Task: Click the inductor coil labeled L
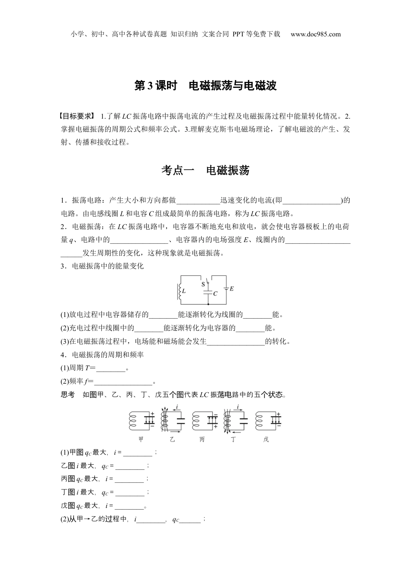(179, 291)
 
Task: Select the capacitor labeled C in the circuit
(209, 293)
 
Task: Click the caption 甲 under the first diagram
(141, 440)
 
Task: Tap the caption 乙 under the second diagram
(172, 440)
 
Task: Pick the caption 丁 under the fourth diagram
(234, 440)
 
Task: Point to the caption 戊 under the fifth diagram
(266, 440)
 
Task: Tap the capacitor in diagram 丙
(212, 420)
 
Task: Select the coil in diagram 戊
(260, 420)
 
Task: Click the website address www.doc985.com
(315, 34)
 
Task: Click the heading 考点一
(178, 171)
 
